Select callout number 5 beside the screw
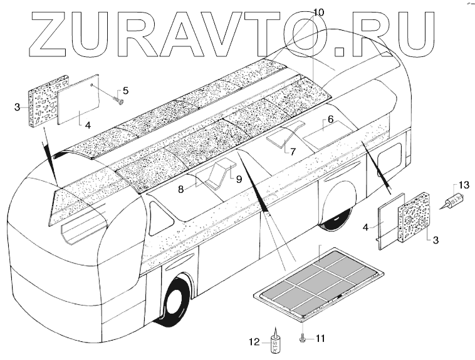pyautogui.click(x=125, y=90)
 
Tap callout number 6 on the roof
pyautogui.click(x=330, y=118)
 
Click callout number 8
pyautogui.click(x=181, y=187)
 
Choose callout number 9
pyautogui.click(x=239, y=178)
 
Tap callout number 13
pyautogui.click(x=464, y=185)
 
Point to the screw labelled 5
pyautogui.click(x=118, y=98)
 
